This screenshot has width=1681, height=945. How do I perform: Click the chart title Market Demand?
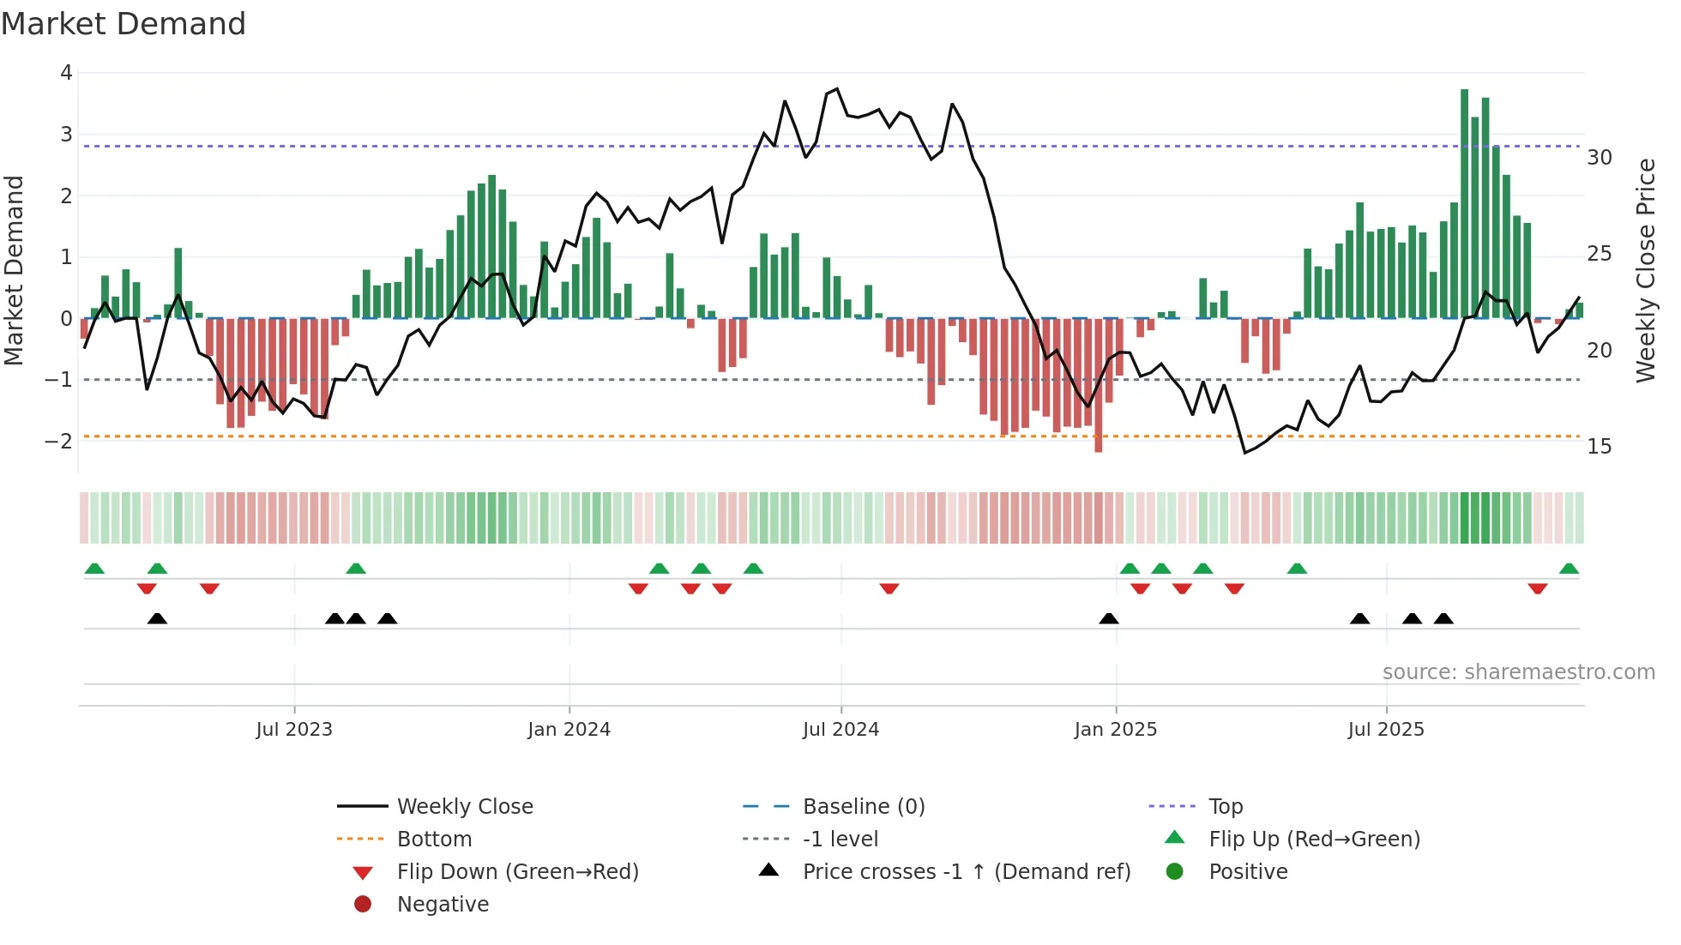[124, 24]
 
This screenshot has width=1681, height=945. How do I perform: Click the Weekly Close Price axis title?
[1645, 270]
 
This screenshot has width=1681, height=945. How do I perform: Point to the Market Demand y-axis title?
[15, 270]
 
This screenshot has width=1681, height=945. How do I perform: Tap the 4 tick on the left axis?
[66, 73]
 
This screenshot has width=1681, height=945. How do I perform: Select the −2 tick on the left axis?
[60, 442]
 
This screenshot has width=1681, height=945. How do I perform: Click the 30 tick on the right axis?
[1599, 158]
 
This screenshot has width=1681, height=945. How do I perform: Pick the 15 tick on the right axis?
[1599, 447]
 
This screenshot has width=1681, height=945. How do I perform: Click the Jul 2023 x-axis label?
[294, 730]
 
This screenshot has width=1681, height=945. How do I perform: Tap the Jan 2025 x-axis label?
[1115, 730]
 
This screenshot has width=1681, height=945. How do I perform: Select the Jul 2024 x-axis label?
[840, 730]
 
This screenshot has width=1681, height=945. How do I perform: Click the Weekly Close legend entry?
[464, 807]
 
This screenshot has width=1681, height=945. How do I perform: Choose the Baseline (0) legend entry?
[863, 807]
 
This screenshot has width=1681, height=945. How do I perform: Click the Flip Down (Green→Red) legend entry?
[517, 872]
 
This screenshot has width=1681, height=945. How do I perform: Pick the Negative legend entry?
[443, 905]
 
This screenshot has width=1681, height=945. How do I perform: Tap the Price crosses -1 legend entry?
[966, 872]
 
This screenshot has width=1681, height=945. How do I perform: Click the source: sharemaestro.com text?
[1518, 672]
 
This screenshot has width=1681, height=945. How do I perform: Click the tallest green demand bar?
[1464, 204]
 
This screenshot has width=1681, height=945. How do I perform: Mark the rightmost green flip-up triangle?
[1569, 569]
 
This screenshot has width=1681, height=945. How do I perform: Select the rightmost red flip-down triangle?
[1537, 588]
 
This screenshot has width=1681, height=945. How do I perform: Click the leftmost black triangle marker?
[157, 618]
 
